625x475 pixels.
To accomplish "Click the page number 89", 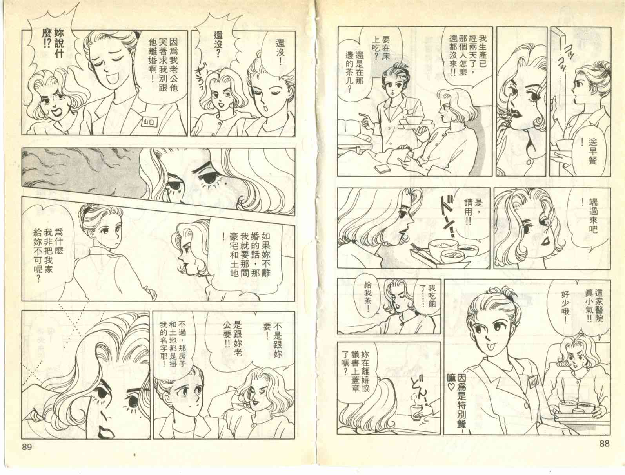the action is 27,447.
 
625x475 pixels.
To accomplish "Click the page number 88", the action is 605,443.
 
